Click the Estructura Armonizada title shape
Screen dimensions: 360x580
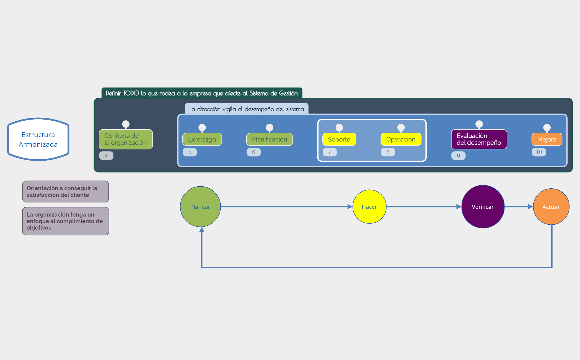coord(38,139)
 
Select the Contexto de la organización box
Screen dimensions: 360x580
coord(126,139)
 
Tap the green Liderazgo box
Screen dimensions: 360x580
coord(202,139)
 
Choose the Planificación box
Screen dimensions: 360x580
coord(269,139)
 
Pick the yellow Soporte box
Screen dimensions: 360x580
coord(339,139)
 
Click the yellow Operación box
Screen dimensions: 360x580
coord(401,139)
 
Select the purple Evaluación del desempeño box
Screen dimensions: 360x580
coord(479,139)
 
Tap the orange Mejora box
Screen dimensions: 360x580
coord(547,139)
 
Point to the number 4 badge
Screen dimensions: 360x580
coord(106,156)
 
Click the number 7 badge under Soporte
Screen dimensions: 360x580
coord(330,152)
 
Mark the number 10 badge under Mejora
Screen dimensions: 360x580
coord(539,152)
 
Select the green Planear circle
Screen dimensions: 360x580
coord(200,207)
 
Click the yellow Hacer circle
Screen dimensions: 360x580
coord(369,207)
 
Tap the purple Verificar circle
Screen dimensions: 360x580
coord(483,207)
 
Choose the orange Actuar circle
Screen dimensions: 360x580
coord(551,207)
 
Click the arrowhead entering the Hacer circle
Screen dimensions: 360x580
coord(350,207)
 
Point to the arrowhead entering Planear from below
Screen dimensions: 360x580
coord(202,230)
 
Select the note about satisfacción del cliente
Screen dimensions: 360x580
coord(66,191)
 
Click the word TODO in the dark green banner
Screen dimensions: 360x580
coord(131,93)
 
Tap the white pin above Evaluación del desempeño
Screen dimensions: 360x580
coord(479,124)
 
